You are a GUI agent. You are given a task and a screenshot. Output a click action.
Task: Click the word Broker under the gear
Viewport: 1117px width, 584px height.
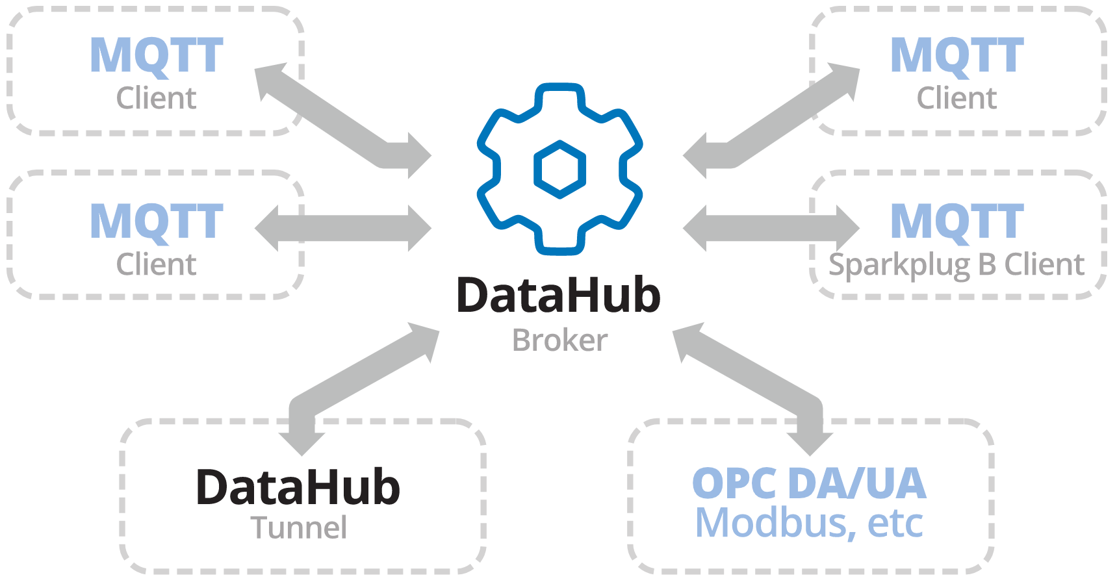pos(559,340)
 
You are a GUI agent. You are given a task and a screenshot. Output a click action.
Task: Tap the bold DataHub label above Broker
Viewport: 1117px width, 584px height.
pos(558,296)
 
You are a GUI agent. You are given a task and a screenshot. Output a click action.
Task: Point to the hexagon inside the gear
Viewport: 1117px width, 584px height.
pos(559,169)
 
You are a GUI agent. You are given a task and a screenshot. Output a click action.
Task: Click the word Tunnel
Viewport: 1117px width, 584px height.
pos(298,527)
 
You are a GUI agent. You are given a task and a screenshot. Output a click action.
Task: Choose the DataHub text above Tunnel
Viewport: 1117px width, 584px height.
pos(298,487)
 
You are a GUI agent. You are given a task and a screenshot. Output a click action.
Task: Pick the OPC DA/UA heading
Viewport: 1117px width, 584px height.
pos(809,483)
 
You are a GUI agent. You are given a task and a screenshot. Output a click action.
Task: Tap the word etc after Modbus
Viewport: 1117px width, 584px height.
pos(895,523)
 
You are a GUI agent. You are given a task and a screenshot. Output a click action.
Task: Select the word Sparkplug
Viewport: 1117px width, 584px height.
pos(899,265)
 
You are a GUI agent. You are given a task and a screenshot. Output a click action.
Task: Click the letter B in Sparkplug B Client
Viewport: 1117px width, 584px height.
pos(987,264)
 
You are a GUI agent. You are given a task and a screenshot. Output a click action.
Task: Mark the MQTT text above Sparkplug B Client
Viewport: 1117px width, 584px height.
pos(957,222)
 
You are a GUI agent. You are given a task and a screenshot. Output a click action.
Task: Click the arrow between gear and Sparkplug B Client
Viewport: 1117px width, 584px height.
pos(771,228)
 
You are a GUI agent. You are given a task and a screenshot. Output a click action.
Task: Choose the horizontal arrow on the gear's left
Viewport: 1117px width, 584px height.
pos(343,228)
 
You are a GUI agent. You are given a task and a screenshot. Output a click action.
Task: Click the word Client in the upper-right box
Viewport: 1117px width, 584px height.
pos(957,99)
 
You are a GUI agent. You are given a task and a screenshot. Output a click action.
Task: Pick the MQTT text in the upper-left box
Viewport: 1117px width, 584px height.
pos(157,56)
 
